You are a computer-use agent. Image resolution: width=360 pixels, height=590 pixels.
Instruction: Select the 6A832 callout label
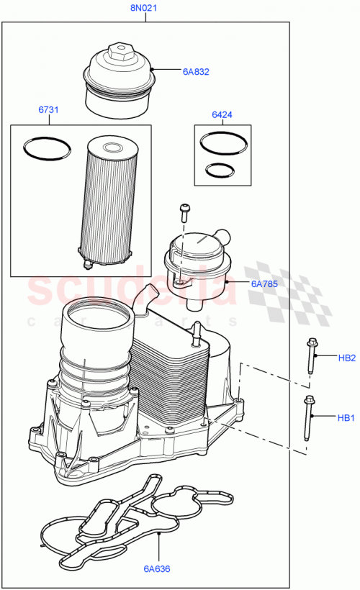pyautogui.click(x=195, y=71)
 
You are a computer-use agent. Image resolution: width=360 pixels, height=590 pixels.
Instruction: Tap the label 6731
pyautogui.click(x=48, y=110)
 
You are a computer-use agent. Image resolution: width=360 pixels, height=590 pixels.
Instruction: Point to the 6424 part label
pyautogui.click(x=222, y=114)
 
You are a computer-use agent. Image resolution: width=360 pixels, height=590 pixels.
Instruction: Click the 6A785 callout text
pyautogui.click(x=264, y=284)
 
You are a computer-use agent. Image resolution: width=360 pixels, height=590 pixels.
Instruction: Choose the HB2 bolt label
pyautogui.click(x=347, y=358)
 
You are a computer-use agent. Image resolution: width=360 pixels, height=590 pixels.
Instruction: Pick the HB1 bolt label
pyautogui.click(x=347, y=417)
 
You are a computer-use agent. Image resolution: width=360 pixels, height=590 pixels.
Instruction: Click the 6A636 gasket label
pyautogui.click(x=156, y=569)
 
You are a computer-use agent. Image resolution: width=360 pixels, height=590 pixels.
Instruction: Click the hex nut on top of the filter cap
pyautogui.click(x=117, y=53)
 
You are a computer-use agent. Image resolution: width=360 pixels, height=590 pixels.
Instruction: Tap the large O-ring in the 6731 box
pyautogui.click(x=48, y=148)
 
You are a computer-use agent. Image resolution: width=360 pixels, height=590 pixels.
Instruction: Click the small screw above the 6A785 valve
pyautogui.click(x=184, y=212)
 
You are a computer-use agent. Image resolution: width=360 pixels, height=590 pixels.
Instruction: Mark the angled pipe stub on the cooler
pyautogui.click(x=145, y=296)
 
